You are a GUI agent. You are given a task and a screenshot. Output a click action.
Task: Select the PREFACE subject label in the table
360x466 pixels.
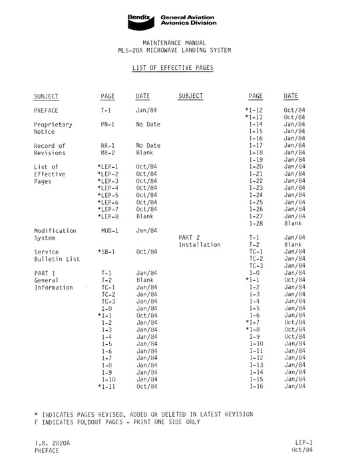46,111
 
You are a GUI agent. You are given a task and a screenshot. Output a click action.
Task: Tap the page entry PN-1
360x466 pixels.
108,124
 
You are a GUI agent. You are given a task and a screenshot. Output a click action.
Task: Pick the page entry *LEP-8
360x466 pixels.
108,217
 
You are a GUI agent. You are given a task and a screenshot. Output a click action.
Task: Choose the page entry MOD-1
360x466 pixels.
110,230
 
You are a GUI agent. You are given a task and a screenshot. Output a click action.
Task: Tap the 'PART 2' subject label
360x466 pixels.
190,238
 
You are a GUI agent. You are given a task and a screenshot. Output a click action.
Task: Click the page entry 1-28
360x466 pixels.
256,224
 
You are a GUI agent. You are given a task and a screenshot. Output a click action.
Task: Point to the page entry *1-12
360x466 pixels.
254,111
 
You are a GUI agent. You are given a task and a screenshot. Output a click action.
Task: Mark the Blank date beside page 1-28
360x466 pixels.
293,224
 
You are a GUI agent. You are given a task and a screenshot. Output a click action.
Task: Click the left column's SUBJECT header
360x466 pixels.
47,97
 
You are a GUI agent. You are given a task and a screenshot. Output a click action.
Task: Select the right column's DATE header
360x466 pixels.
291,97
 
